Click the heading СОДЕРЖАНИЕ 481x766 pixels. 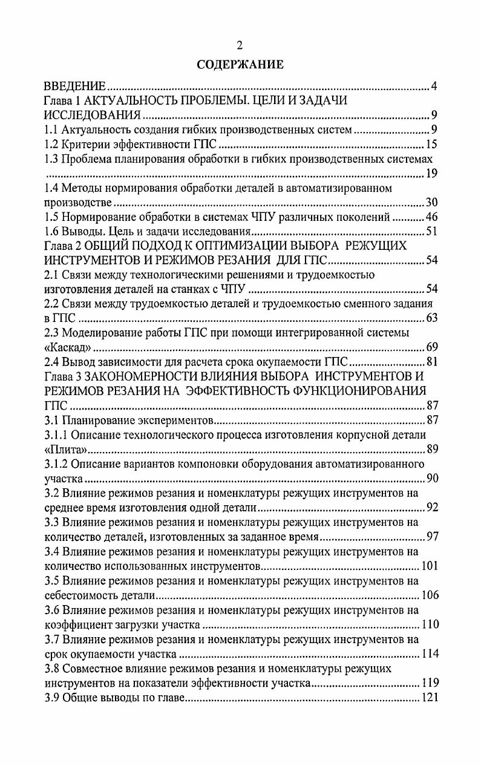click(x=240, y=65)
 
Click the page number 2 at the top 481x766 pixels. click(x=240, y=45)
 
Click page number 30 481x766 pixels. click(x=431, y=203)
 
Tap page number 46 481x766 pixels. click(x=431, y=217)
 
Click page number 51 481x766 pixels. click(x=431, y=232)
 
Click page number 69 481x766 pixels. click(x=431, y=347)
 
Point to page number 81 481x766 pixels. click(x=431, y=362)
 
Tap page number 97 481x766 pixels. click(x=431, y=537)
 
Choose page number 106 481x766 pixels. click(x=429, y=595)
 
